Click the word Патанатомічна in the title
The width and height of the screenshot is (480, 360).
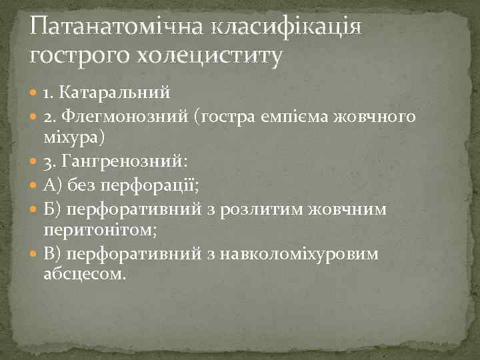click(x=117, y=27)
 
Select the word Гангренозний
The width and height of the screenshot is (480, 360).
click(x=127, y=161)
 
